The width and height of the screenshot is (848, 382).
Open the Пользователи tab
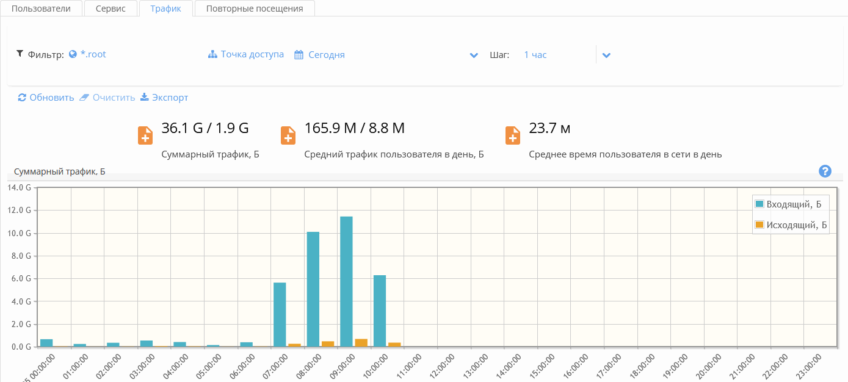pyautogui.click(x=41, y=9)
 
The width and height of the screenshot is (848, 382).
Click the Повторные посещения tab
pyautogui.click(x=254, y=9)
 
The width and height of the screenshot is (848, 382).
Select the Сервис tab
pyautogui.click(x=111, y=9)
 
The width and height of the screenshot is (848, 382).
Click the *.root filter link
pyautogui.click(x=93, y=54)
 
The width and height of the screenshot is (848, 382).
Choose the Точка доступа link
pyautogui.click(x=252, y=54)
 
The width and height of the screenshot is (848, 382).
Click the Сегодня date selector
pyautogui.click(x=326, y=55)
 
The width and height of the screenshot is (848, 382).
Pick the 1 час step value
pyautogui.click(x=535, y=55)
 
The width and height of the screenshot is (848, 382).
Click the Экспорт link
pyautogui.click(x=169, y=98)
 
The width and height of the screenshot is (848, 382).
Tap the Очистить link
pyautogui.click(x=113, y=98)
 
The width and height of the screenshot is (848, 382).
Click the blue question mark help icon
pyautogui.click(x=825, y=171)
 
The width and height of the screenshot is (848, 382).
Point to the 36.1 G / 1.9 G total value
pyautogui.click(x=205, y=128)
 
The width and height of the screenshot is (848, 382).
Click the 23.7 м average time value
pyautogui.click(x=549, y=128)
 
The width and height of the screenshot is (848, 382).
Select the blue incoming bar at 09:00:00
pyautogui.click(x=346, y=281)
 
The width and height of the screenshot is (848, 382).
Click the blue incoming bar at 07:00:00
pyautogui.click(x=280, y=314)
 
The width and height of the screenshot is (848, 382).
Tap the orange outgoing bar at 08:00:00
pyautogui.click(x=328, y=344)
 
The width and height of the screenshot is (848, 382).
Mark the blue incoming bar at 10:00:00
pyautogui.click(x=379, y=311)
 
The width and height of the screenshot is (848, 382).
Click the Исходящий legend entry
pyautogui.click(x=796, y=225)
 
